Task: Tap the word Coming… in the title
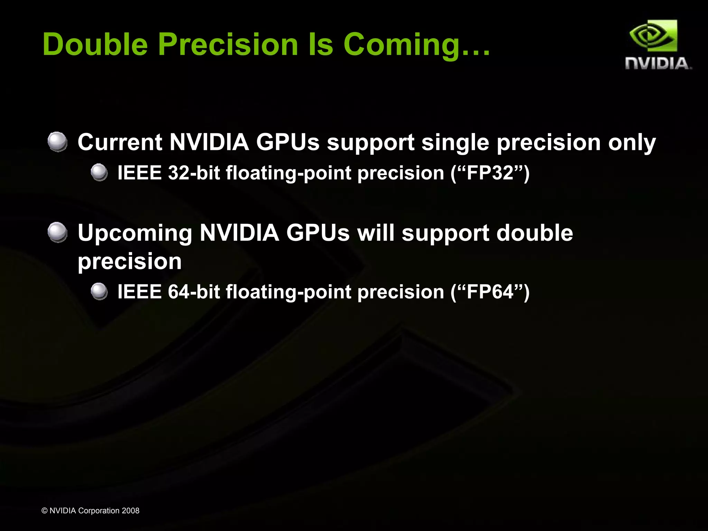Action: (417, 45)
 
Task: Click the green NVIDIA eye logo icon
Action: (653, 37)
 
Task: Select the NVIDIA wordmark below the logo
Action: (658, 64)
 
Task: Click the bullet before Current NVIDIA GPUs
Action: (57, 142)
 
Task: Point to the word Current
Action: (120, 142)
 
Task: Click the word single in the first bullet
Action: (455, 143)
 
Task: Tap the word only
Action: (632, 143)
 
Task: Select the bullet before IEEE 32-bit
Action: (99, 172)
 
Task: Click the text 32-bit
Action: (194, 172)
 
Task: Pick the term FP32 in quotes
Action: (490, 172)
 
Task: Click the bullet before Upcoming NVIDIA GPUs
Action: (57, 233)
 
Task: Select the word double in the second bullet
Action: (534, 233)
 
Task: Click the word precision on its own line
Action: (130, 262)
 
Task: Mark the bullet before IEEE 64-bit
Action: (99, 291)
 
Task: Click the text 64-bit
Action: (194, 292)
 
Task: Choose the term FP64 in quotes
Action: (490, 292)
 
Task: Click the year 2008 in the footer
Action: (130, 511)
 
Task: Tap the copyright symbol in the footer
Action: (44, 511)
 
